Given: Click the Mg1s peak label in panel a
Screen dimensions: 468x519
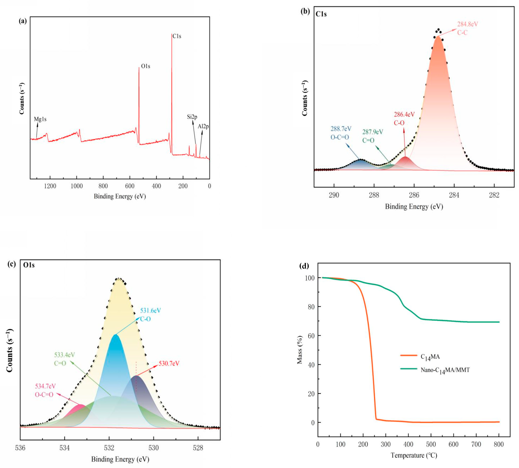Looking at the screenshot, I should pos(40,119).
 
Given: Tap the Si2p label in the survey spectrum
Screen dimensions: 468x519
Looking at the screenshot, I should pos(192,117).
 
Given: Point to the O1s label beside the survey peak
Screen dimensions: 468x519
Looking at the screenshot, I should pos(146,66).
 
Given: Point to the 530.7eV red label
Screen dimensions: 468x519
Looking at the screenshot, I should pos(169,363).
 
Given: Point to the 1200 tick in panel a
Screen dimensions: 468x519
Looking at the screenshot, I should pos(50,186).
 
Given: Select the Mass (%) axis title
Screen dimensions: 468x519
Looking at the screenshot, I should pos(300,350).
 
